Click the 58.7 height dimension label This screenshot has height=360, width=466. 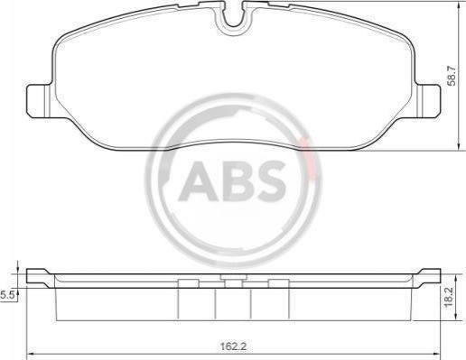[452, 76]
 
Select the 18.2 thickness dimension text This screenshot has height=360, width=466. [449, 297]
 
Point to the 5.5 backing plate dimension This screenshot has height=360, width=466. [6, 295]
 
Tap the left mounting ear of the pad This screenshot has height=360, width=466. [39, 101]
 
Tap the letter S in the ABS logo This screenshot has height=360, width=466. [269, 180]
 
